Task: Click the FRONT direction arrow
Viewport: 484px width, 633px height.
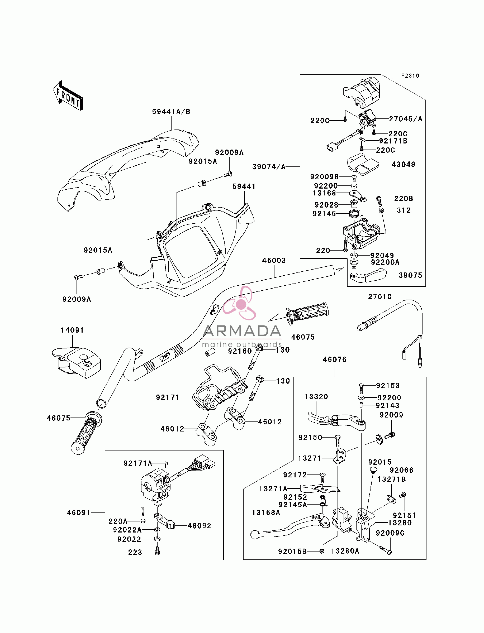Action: click(68, 96)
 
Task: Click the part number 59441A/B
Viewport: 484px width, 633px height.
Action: click(171, 112)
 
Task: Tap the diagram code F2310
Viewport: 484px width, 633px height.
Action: click(410, 76)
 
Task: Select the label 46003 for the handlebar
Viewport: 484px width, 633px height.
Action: click(274, 261)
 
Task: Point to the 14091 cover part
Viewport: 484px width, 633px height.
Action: click(76, 362)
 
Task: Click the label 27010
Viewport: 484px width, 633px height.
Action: click(380, 297)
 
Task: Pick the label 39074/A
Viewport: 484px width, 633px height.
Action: click(269, 167)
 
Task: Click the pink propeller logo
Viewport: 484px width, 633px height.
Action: click(239, 303)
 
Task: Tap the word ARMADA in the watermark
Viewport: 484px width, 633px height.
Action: click(242, 331)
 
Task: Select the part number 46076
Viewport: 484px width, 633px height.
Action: click(335, 359)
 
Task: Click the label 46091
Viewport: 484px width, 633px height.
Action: click(79, 513)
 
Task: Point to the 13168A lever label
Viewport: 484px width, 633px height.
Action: click(266, 513)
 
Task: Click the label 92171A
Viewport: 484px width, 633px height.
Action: click(138, 463)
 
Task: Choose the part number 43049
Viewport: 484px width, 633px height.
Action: click(403, 164)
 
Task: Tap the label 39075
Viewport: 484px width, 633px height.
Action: click(411, 275)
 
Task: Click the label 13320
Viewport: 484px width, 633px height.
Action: click(316, 397)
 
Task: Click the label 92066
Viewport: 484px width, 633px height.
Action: click(402, 470)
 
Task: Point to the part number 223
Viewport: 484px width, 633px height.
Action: click(135, 552)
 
